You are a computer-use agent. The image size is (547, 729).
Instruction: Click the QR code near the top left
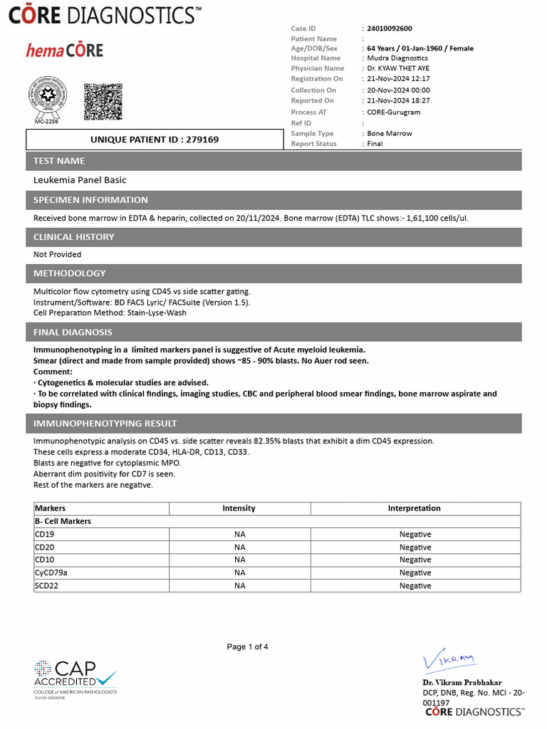(x=103, y=102)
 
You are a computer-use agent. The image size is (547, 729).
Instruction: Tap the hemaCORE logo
(x=65, y=50)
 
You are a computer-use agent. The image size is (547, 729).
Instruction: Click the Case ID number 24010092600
(x=389, y=28)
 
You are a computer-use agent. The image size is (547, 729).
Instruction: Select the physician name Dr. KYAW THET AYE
(x=399, y=68)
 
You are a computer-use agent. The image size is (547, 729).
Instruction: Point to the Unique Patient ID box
(x=154, y=140)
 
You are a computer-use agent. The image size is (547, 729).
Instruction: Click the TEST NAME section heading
(x=59, y=161)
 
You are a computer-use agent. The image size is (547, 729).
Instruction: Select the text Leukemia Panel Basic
(x=80, y=180)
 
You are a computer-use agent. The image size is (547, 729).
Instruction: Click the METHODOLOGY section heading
(x=69, y=273)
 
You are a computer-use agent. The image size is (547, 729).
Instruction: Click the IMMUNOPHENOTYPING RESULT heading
(x=105, y=424)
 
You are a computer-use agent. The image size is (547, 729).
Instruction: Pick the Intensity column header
(x=239, y=508)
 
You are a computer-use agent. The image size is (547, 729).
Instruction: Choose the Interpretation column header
(x=414, y=508)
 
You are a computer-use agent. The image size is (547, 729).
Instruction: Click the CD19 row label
(x=43, y=535)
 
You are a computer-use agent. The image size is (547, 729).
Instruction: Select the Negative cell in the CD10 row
(x=415, y=560)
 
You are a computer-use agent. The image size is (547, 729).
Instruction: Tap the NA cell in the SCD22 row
(x=239, y=586)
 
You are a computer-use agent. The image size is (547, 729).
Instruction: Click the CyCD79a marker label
(x=51, y=573)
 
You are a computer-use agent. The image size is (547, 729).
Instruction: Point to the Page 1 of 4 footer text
(x=247, y=647)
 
